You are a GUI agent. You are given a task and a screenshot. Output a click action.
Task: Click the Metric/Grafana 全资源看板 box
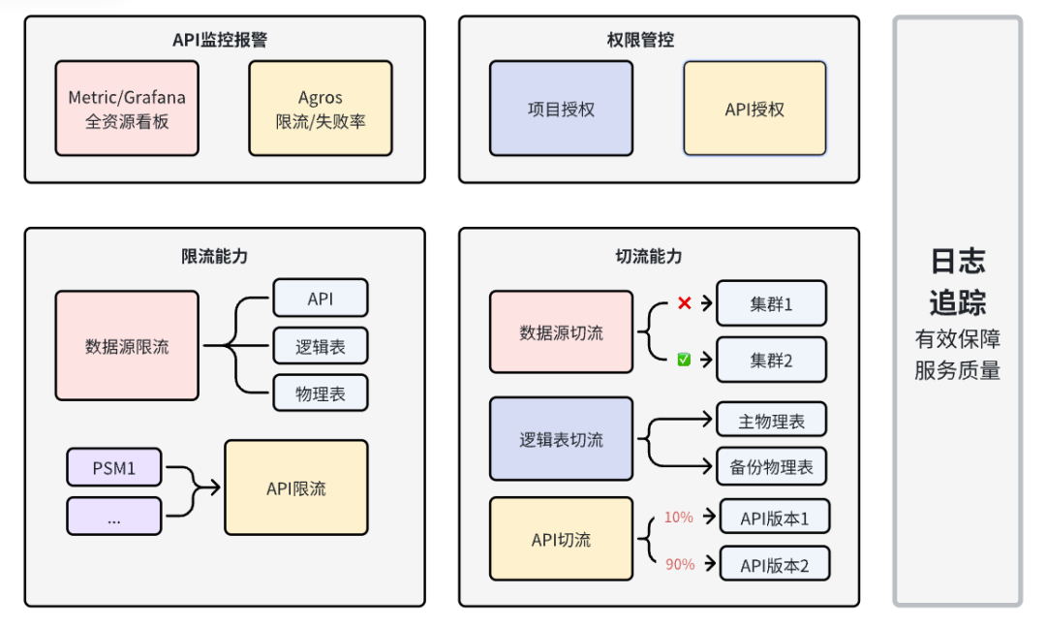[x=127, y=109]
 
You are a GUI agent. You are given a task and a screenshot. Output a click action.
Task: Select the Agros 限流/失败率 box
[x=321, y=109]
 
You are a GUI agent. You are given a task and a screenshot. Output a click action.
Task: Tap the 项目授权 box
[x=561, y=109]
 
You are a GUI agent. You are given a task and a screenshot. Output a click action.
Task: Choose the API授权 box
[x=754, y=109]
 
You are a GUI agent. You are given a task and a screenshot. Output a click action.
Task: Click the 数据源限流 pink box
[x=127, y=346]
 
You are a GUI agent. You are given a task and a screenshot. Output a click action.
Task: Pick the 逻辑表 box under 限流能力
[x=321, y=346]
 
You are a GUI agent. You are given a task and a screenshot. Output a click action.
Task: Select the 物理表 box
[x=321, y=393]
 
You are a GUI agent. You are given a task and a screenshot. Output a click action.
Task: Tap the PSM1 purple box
[x=114, y=468]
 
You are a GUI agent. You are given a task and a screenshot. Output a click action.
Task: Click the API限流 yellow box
[x=296, y=487]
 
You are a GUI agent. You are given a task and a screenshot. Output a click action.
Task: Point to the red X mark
[x=684, y=303]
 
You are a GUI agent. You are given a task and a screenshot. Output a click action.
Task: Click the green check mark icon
[x=684, y=360]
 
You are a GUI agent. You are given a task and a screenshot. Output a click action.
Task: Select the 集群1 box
[x=771, y=303]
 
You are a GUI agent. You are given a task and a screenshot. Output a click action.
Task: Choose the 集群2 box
[x=771, y=360]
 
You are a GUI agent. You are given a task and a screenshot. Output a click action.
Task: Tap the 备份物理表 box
[x=771, y=467]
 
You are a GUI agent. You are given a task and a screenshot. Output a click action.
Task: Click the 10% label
[x=679, y=518]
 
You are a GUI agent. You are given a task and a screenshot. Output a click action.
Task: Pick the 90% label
[x=679, y=564]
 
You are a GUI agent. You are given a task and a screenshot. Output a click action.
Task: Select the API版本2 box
[x=775, y=564]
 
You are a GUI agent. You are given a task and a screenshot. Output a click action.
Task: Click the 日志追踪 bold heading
[x=957, y=282]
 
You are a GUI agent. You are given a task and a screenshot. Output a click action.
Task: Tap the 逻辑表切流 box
[x=561, y=439]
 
